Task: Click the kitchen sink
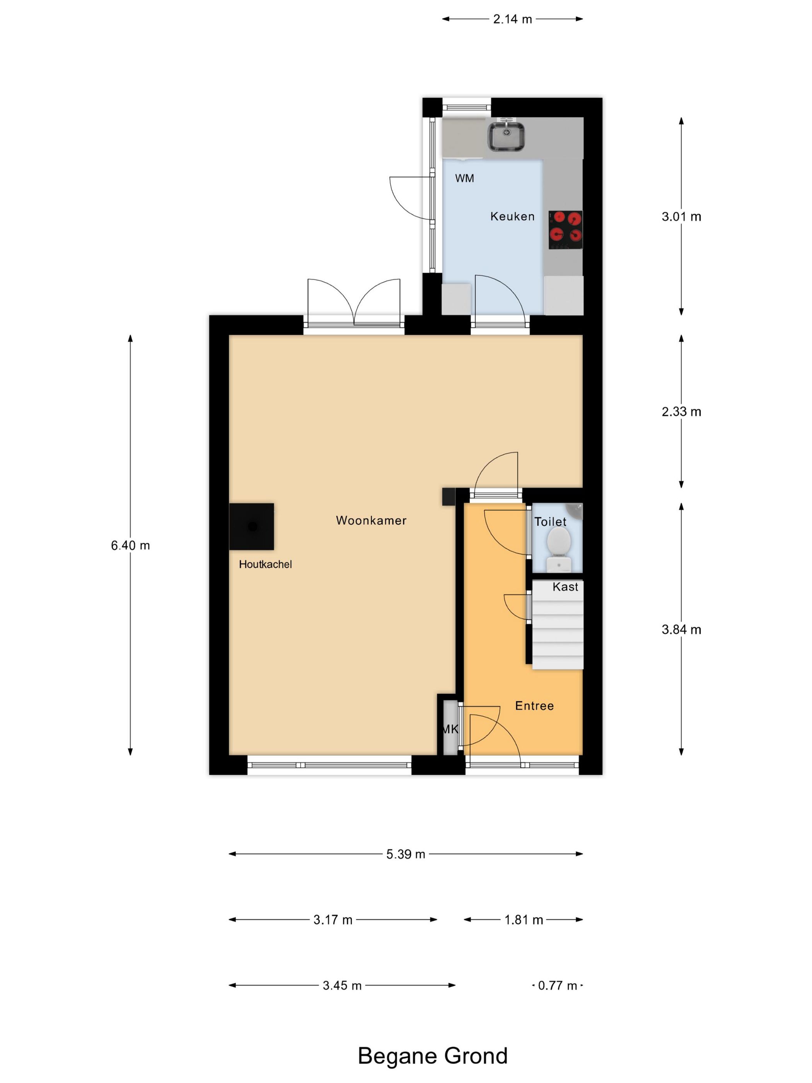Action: click(506, 137)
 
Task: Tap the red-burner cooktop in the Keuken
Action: click(565, 230)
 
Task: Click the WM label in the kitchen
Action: click(464, 178)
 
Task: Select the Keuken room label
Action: click(512, 216)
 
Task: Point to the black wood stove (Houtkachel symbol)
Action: click(252, 526)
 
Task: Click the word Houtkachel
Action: click(265, 564)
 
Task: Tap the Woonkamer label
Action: click(370, 521)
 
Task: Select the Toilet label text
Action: click(550, 522)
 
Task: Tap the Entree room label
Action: click(534, 705)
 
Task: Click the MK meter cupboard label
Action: click(450, 729)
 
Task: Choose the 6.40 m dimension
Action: click(130, 545)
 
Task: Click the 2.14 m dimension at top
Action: click(512, 19)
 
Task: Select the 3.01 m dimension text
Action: click(681, 216)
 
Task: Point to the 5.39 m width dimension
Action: click(405, 854)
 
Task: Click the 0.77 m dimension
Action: click(557, 985)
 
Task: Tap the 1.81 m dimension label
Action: click(523, 919)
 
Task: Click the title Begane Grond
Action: click(432, 1055)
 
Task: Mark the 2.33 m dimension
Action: click(681, 412)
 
